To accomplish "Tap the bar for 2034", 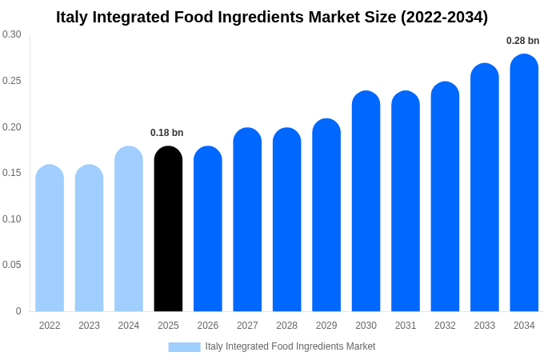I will point(524,183).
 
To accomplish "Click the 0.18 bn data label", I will point(167,133).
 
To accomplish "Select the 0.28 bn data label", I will point(522,41).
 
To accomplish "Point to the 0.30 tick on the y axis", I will point(12,34).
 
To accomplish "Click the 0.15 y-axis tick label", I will point(12,173).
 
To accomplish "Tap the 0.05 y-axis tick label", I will point(12,265).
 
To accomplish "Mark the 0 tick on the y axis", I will point(18,311).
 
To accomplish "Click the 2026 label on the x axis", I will point(208,326).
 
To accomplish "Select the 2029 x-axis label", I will point(326,326).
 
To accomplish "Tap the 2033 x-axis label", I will point(484,326).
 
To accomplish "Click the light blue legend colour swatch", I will point(184,346).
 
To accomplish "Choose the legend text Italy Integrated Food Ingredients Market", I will point(290,346).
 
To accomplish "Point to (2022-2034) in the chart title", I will point(444,17).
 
